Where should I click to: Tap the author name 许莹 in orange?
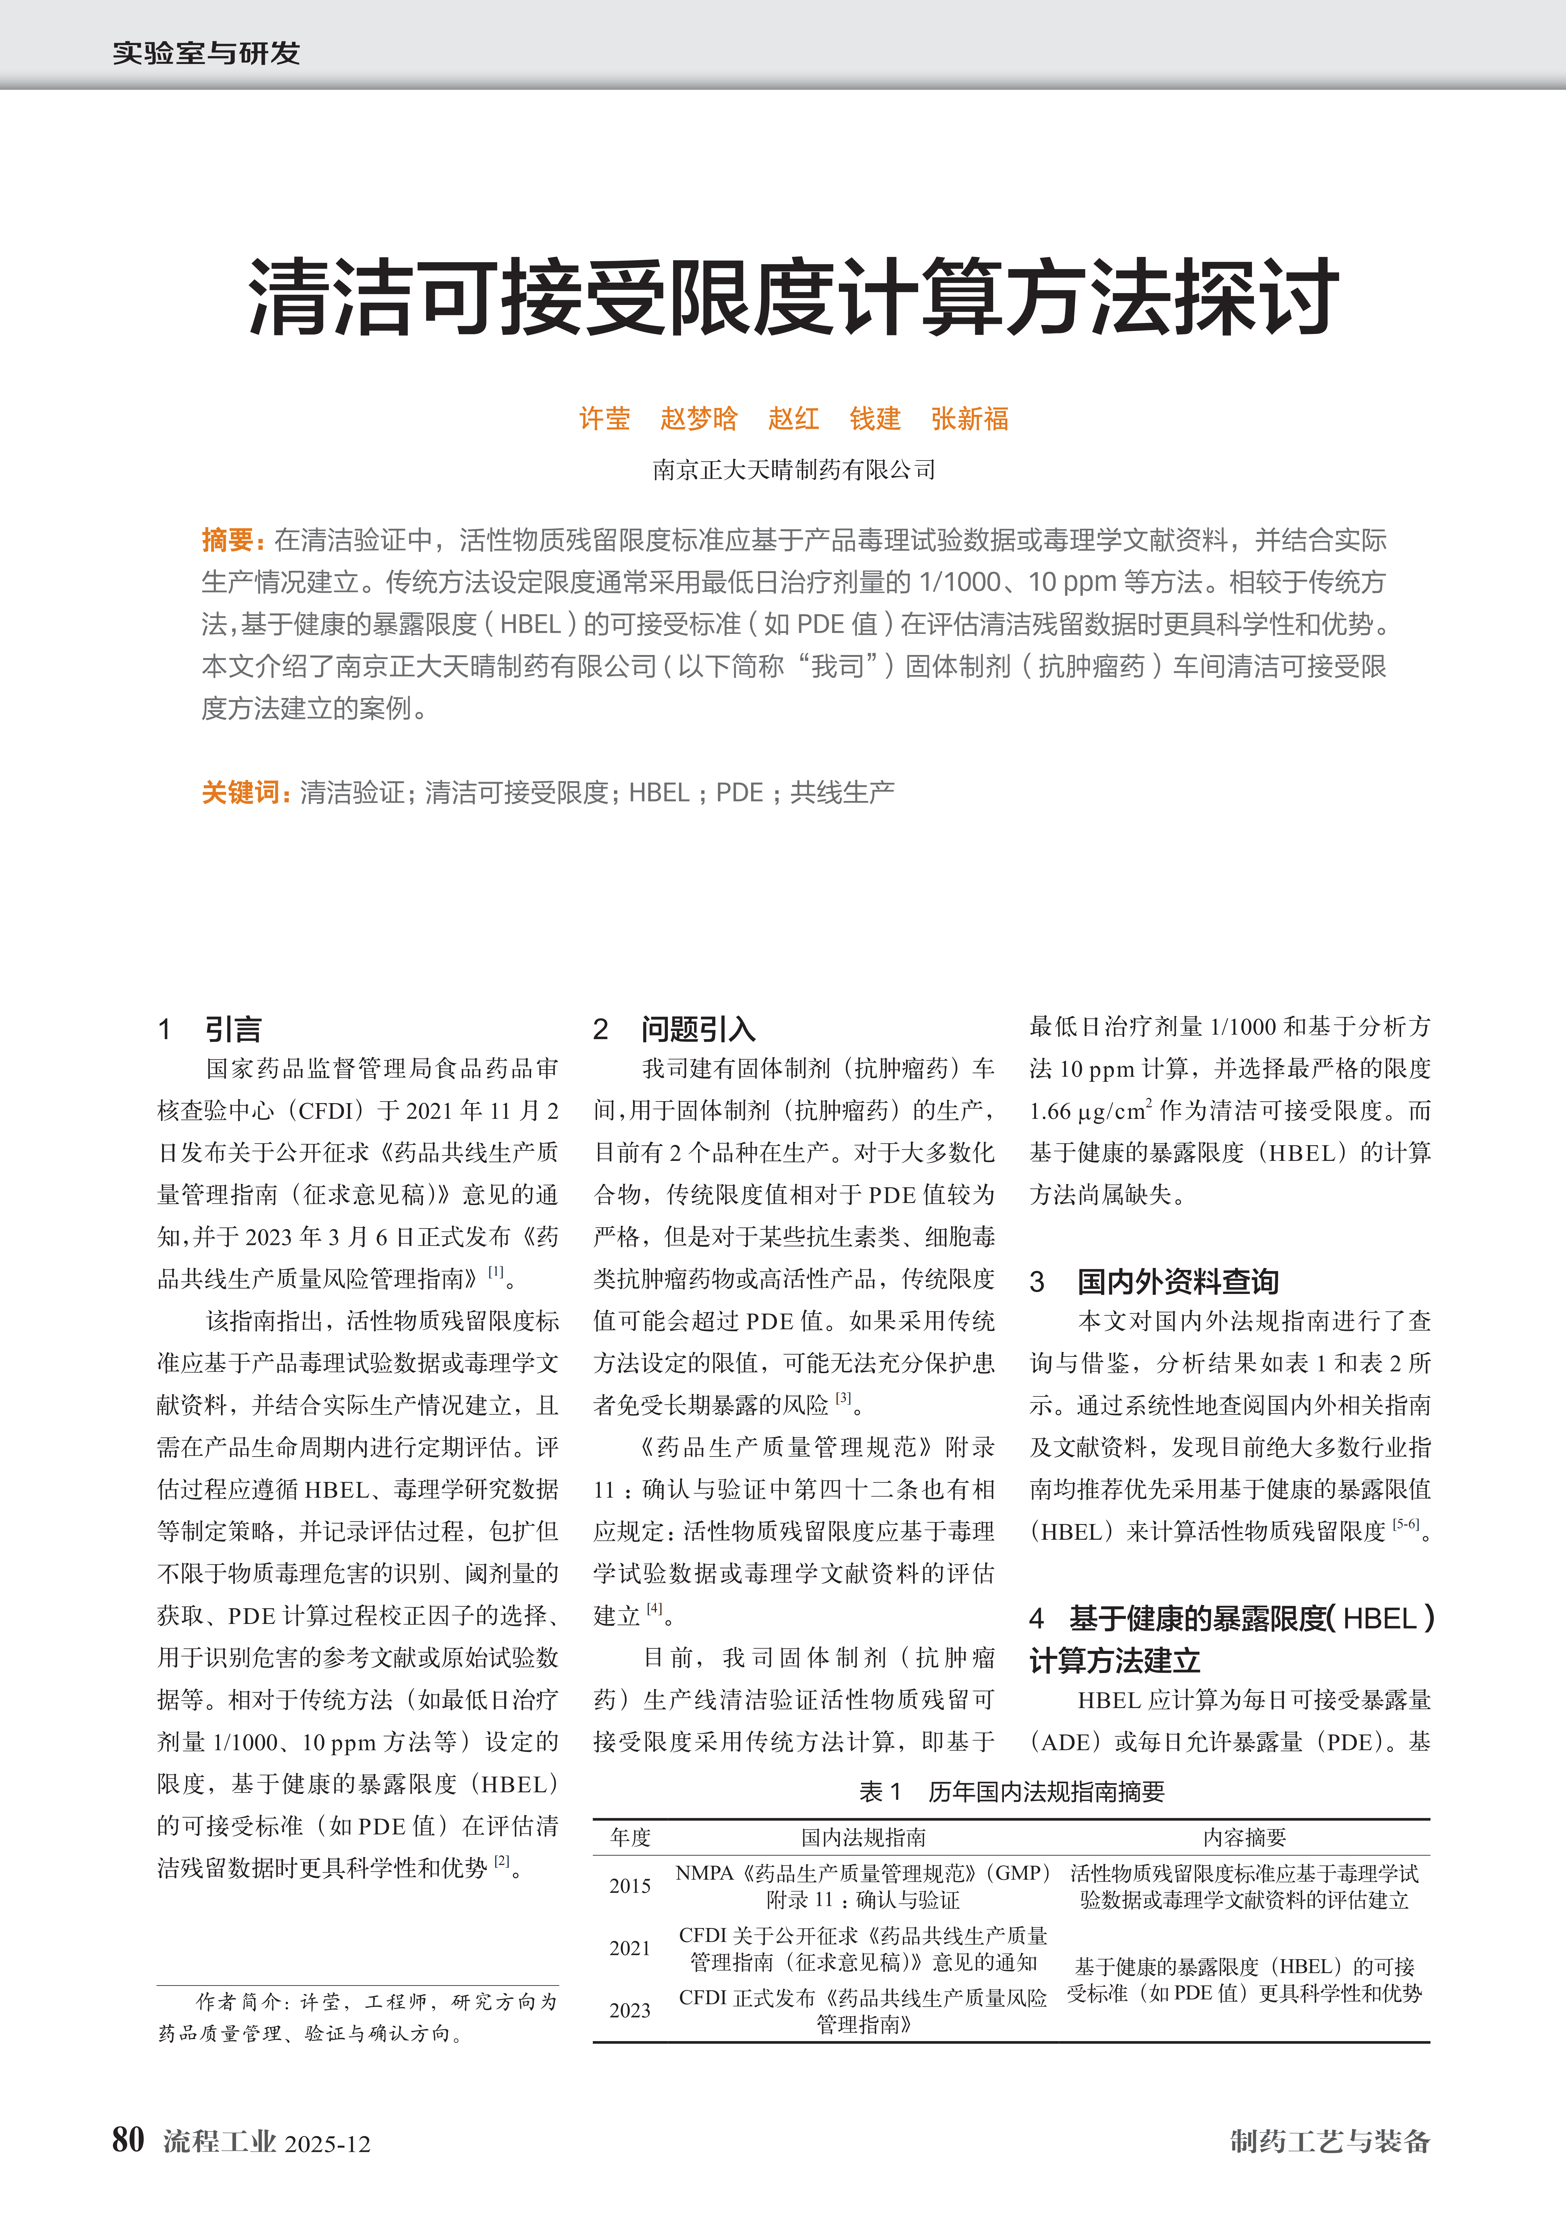pyautogui.click(x=604, y=419)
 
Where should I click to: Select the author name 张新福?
pyautogui.click(x=970, y=419)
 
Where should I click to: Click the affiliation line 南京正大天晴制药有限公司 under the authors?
pyautogui.click(x=793, y=470)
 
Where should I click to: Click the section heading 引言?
pyautogui.click(x=233, y=1029)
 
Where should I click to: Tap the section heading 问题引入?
pyautogui.click(x=698, y=1029)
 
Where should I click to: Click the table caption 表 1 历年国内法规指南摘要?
pyautogui.click(x=1011, y=1791)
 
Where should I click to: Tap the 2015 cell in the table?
pyautogui.click(x=630, y=1886)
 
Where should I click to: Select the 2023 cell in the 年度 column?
pyautogui.click(x=630, y=2010)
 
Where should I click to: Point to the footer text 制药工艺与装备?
pyautogui.click(x=1329, y=2141)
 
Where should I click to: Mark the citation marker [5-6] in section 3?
pyautogui.click(x=1405, y=1524)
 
